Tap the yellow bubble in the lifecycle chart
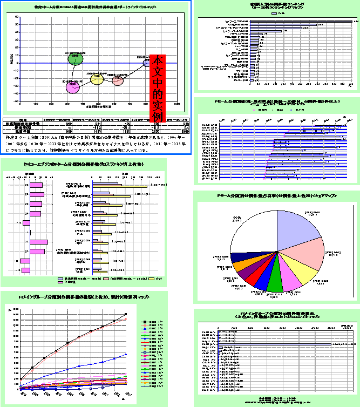point(97,79)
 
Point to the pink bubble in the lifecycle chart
point(119,80)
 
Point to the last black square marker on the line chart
point(126,314)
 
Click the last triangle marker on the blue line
point(126,355)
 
